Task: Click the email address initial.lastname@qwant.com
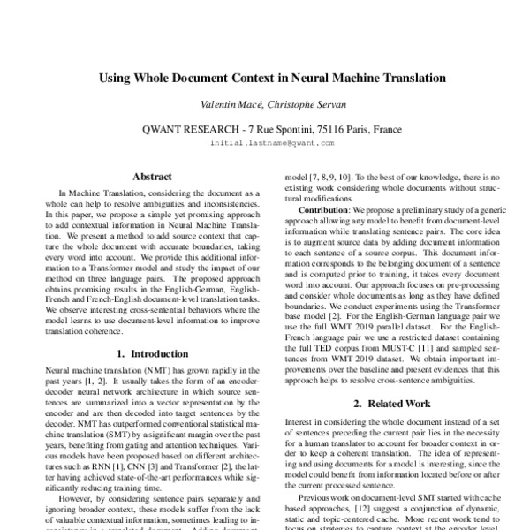tap(265, 142)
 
